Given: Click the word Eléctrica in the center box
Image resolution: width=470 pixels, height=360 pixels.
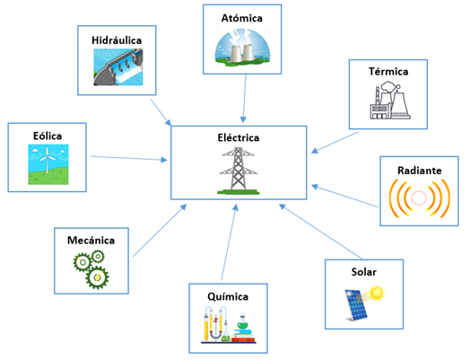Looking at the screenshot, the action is click(x=239, y=137).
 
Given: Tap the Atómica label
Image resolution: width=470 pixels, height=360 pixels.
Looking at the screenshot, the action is click(x=242, y=18).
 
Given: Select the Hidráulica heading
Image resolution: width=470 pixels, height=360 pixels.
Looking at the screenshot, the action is click(x=117, y=40).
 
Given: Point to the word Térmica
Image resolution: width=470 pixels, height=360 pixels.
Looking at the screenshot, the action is click(x=388, y=72).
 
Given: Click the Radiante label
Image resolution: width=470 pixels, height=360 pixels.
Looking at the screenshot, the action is click(x=420, y=171).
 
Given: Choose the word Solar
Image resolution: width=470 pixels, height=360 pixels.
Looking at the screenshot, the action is click(x=364, y=272).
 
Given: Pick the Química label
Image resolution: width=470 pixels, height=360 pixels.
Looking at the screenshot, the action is click(x=228, y=296).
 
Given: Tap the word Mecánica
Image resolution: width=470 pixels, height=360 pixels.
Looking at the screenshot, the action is click(x=91, y=241).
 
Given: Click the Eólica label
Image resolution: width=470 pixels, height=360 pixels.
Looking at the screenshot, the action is click(x=48, y=136).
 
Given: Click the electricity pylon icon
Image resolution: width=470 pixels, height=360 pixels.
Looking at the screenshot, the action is click(x=239, y=171).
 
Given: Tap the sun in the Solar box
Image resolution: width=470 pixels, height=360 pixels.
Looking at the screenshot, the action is click(x=377, y=294).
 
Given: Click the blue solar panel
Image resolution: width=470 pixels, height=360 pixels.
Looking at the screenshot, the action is click(x=356, y=305).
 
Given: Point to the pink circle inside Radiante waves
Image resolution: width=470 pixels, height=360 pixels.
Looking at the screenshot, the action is click(x=419, y=198).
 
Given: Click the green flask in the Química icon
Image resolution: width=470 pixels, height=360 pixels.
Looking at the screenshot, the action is click(x=242, y=325).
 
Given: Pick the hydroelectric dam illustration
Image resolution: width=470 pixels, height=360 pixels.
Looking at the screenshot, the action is click(x=118, y=67).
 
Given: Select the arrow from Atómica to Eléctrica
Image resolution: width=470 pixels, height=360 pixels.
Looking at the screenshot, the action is click(x=244, y=99).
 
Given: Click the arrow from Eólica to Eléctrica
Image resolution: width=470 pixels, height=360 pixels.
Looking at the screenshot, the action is click(x=128, y=158).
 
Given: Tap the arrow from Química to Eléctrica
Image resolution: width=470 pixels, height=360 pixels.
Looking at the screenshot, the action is click(x=230, y=242).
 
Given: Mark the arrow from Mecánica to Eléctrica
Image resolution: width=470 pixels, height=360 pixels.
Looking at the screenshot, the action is click(x=160, y=231).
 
